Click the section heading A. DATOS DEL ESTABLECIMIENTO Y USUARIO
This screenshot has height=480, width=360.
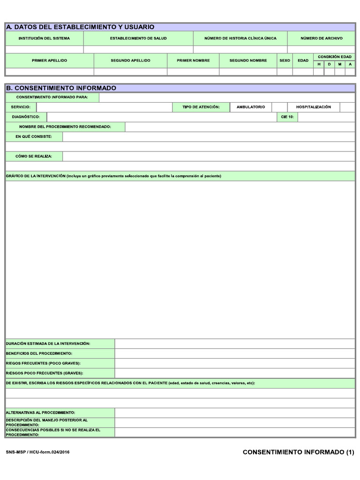coord(80,27)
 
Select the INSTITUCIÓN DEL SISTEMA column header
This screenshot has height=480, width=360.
coord(44,38)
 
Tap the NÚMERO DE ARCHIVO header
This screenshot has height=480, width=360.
coord(321,38)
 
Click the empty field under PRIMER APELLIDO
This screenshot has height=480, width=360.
coord(49,72)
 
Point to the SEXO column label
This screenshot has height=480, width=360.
coord(285,60)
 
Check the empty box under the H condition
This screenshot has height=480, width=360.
coord(319,72)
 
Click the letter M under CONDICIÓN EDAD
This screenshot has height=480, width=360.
coord(340,64)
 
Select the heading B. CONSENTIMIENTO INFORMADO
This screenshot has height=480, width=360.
coord(61,88)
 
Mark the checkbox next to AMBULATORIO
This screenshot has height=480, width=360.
coord(279,107)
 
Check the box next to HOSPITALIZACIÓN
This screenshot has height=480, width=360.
coord(347,107)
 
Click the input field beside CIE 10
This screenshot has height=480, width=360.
coord(326,117)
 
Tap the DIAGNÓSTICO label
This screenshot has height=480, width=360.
coord(26,117)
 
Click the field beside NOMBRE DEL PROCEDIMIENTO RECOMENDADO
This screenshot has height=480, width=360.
coord(240,127)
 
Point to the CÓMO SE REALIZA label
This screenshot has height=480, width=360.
coord(34,156)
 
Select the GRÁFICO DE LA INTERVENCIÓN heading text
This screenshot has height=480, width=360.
coord(36,176)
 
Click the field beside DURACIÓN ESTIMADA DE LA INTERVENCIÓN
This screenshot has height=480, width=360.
coord(234,344)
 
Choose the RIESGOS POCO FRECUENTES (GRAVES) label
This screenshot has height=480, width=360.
coord(45,373)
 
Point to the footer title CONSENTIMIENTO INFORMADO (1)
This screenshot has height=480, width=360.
coord(298,452)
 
